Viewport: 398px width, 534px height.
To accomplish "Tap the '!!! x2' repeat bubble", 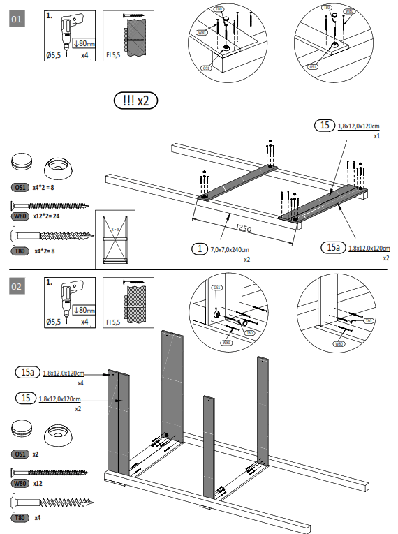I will coord(135,101).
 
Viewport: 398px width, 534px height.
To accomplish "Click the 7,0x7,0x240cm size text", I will coord(230,249).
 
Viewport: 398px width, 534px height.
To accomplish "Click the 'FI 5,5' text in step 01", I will coord(112,53).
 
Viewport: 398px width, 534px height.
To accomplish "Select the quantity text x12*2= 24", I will coord(48,216).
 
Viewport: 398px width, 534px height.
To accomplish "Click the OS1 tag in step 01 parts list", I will coord(19,188).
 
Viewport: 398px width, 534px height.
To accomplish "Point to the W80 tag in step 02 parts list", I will coord(19,483).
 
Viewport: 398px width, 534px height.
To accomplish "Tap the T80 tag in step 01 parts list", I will coord(19,250).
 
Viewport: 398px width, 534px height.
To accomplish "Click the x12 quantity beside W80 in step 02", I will coord(39,483).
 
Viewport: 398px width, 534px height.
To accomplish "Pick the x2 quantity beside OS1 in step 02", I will coord(36,454).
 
